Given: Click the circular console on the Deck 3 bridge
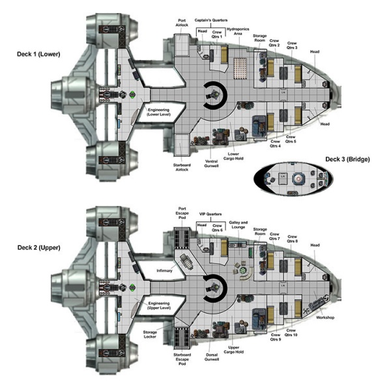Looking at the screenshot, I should (x=299, y=177).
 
